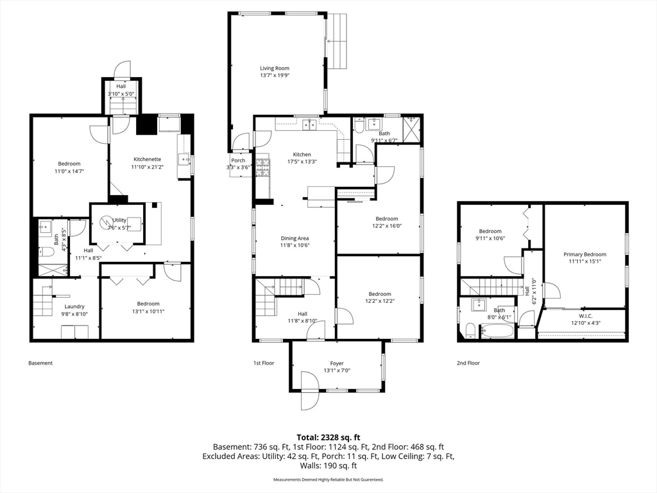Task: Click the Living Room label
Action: click(x=275, y=68)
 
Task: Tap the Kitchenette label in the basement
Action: click(x=147, y=159)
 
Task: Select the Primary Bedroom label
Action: click(x=584, y=254)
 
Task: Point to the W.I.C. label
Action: click(x=585, y=316)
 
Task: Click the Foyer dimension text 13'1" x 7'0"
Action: click(x=337, y=370)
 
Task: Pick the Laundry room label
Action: click(x=74, y=306)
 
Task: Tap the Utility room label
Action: click(x=119, y=220)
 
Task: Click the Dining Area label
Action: click(x=295, y=238)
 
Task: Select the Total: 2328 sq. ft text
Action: click(x=328, y=438)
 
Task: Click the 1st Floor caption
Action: click(x=264, y=363)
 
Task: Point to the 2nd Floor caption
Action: click(x=468, y=363)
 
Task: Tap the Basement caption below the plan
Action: click(x=40, y=363)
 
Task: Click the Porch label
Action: click(x=238, y=160)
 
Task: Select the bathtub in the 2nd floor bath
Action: click(x=497, y=331)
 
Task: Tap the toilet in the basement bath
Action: click(x=46, y=252)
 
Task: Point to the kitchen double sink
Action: click(x=310, y=125)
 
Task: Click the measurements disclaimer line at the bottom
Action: click(x=328, y=479)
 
